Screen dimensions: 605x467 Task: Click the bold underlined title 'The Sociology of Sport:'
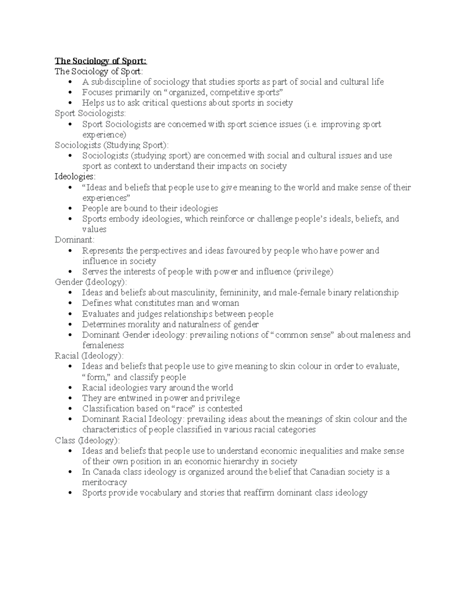[101, 61]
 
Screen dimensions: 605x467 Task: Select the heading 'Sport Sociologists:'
[90, 113]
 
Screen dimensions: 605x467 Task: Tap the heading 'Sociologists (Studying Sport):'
[112, 145]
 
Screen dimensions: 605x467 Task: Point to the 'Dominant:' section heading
[74, 240]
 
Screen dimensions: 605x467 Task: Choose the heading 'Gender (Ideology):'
[91, 282]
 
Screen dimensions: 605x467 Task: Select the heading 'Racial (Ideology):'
[89, 356]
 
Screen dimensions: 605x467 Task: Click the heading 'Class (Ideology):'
[87, 440]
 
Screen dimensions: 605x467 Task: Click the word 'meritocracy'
[104, 482]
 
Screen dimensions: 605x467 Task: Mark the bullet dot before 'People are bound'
[70, 208]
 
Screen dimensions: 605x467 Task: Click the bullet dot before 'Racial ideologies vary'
[70, 388]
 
